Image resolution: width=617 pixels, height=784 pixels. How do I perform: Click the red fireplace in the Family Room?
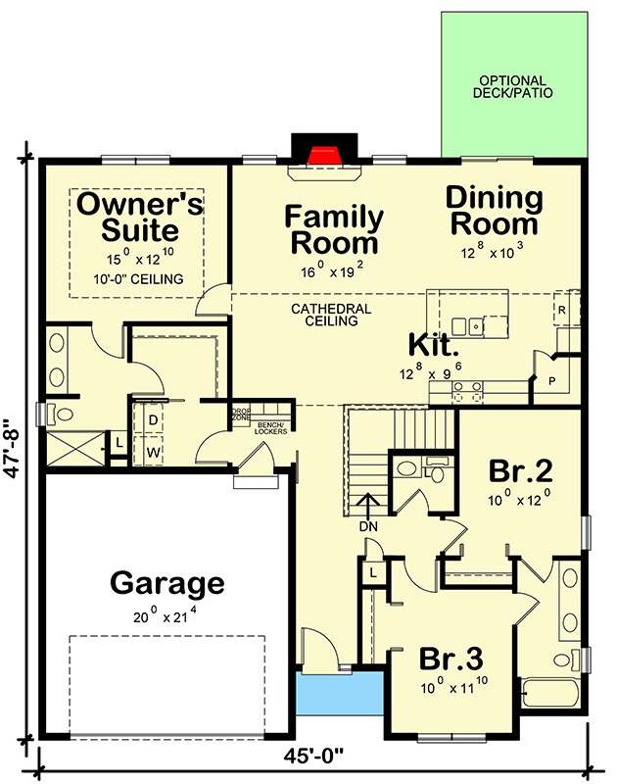coord(325,155)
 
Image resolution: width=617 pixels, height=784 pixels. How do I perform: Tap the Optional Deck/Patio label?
coord(512,86)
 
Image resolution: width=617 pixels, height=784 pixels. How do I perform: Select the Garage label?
coord(167,583)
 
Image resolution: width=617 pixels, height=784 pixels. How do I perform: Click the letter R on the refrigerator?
coord(562,310)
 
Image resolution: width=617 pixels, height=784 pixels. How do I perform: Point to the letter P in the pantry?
coord(552,381)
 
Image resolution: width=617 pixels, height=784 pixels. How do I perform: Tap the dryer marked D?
coord(154,420)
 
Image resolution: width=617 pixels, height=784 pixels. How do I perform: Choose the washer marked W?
coord(154,453)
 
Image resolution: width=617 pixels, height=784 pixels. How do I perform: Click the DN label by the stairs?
coord(368,526)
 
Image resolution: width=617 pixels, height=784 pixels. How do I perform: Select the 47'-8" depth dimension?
coord(14,449)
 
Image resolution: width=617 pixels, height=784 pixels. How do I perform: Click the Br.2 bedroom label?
coord(521,470)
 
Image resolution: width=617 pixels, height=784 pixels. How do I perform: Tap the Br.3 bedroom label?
coord(451,659)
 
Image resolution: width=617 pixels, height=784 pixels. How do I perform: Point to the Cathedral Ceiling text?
coord(331,315)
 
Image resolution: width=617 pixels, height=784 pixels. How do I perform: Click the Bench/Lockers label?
coord(270,428)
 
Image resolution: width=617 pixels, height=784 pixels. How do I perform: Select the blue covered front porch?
coord(340,693)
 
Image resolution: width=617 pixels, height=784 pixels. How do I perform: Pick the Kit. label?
coord(434,345)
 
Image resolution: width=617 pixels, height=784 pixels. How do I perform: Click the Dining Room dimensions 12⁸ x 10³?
coord(492,252)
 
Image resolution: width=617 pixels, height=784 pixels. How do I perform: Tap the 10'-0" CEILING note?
coord(138,279)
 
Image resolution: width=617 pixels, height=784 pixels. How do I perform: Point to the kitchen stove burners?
coord(467,391)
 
